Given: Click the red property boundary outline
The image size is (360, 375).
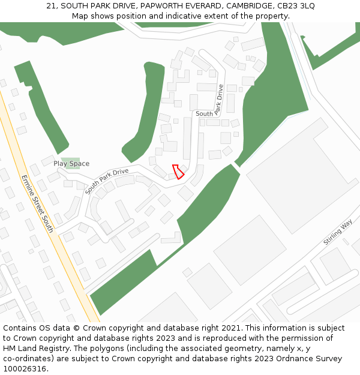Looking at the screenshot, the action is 178,172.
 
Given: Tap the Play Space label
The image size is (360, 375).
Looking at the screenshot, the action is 71,164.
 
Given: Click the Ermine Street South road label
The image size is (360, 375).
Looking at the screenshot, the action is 37,203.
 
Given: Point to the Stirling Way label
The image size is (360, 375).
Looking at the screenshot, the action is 338,233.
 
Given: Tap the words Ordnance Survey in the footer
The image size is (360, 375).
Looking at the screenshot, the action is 314,359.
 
